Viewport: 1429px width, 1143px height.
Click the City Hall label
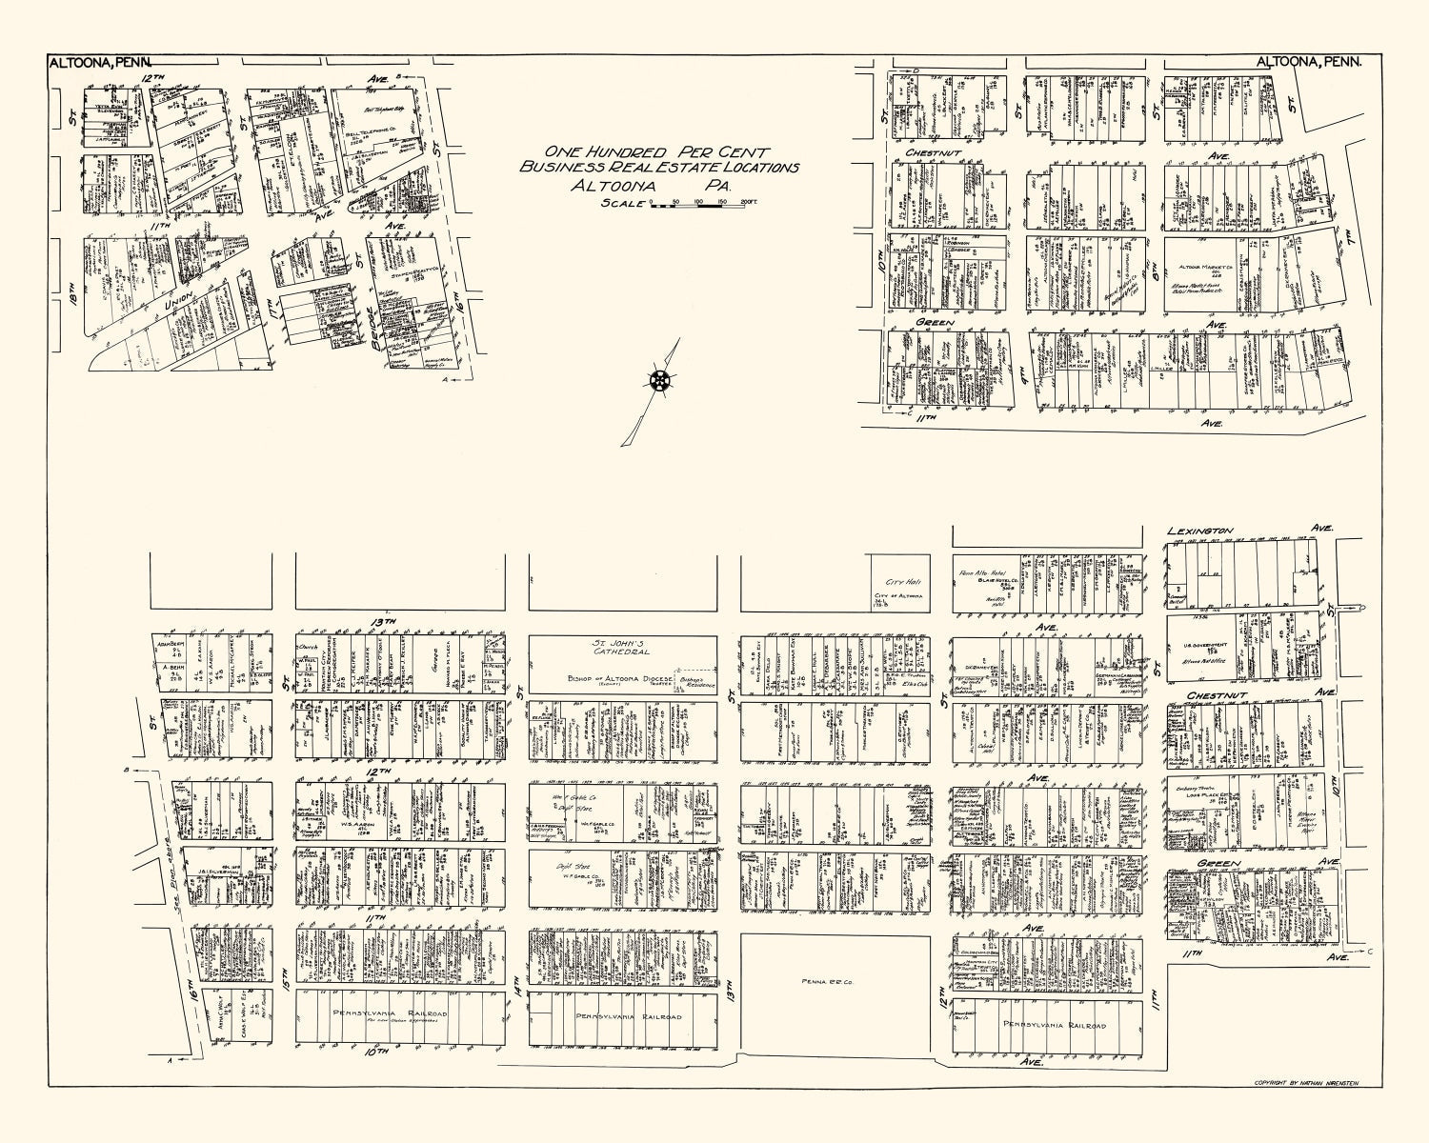[x=898, y=583]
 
